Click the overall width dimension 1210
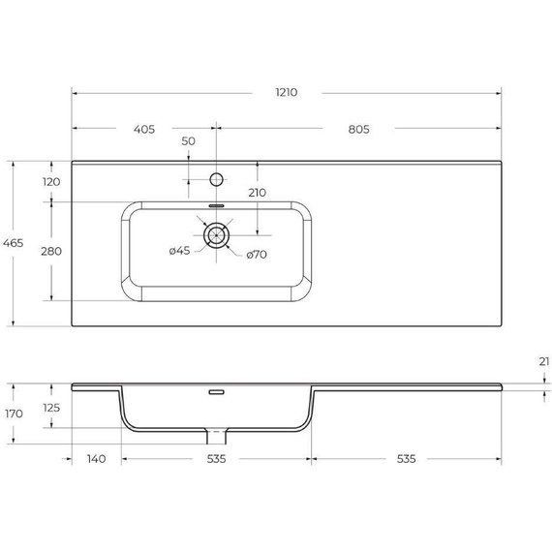click(x=286, y=92)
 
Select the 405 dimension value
click(x=145, y=128)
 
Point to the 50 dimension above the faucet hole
click(x=189, y=141)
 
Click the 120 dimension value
click(x=51, y=182)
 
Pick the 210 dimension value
click(x=257, y=193)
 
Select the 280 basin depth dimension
click(x=51, y=251)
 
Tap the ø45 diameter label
click(x=179, y=252)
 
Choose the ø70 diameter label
click(x=257, y=255)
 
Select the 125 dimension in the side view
click(x=51, y=408)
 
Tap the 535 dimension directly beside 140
click(x=216, y=458)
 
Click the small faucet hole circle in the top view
click(x=217, y=179)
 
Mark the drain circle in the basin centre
click(x=217, y=233)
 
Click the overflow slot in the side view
click(x=217, y=392)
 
